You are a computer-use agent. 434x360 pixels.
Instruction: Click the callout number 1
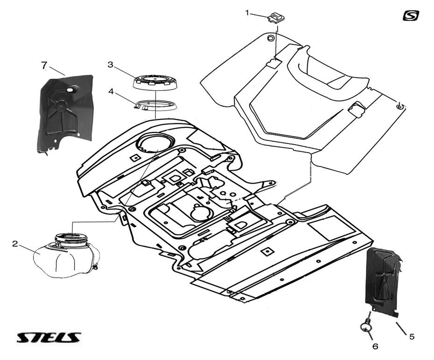(x=247, y=12)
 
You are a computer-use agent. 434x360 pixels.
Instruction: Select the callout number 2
(x=15, y=243)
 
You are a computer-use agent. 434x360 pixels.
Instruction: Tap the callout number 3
(x=111, y=65)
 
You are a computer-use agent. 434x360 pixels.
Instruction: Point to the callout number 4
(x=111, y=91)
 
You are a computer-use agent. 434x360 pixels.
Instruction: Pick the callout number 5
(x=412, y=336)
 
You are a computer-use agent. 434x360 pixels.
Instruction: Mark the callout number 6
(x=375, y=346)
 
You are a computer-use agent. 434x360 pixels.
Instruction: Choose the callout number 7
(x=44, y=65)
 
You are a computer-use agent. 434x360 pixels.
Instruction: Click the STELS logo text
(x=49, y=338)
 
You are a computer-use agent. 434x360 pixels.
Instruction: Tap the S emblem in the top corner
(x=411, y=15)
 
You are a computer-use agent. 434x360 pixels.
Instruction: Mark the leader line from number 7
(x=56, y=70)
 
